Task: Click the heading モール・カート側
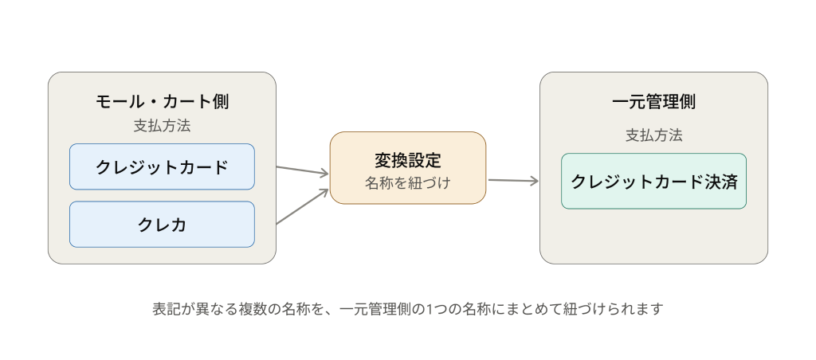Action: click(162, 101)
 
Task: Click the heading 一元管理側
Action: click(653, 101)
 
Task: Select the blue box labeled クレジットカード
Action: click(162, 166)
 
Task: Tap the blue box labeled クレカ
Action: click(162, 225)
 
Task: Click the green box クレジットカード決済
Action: click(653, 181)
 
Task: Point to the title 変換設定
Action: click(408, 160)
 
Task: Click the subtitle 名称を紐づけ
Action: click(408, 183)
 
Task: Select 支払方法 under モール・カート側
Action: click(162, 126)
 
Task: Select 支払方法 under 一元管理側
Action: click(653, 135)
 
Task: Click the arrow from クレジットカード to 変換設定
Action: click(302, 170)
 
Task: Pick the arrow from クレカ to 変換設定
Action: click(302, 206)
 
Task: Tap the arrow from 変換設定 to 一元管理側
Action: click(513, 181)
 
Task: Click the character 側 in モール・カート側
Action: click(220, 101)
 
